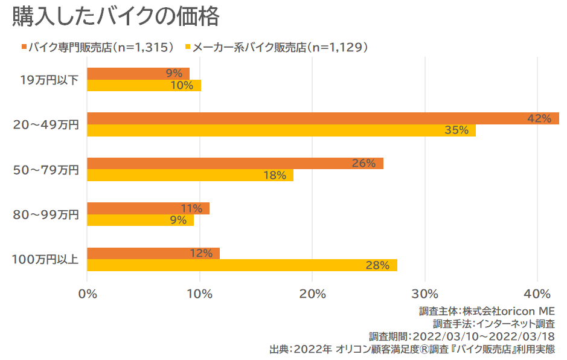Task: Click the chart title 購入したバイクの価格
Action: [x=115, y=17]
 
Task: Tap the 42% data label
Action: [x=539, y=119]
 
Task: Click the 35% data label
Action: [x=456, y=130]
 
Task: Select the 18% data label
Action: [x=274, y=176]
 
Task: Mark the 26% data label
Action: [x=364, y=164]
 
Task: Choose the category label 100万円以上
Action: [x=45, y=260]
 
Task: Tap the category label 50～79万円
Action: [x=46, y=170]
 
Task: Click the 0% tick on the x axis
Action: [x=88, y=294]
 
